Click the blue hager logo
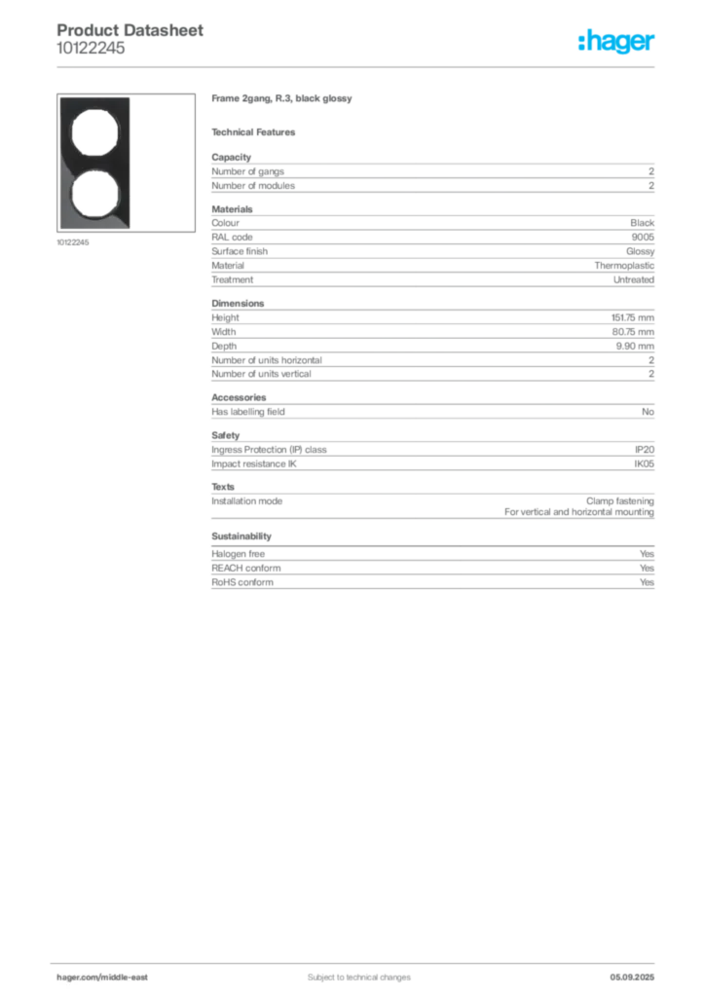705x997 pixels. point(618,43)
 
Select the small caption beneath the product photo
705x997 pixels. point(74,242)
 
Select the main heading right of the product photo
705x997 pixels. point(284,100)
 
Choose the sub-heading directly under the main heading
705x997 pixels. point(257,131)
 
